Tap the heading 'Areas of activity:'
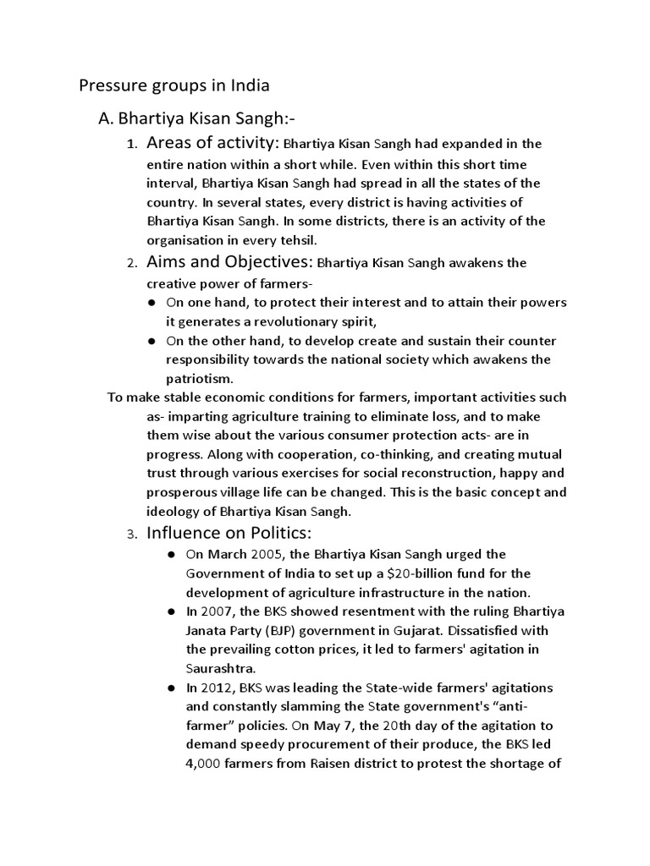tap(212, 143)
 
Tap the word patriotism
tap(199, 379)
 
